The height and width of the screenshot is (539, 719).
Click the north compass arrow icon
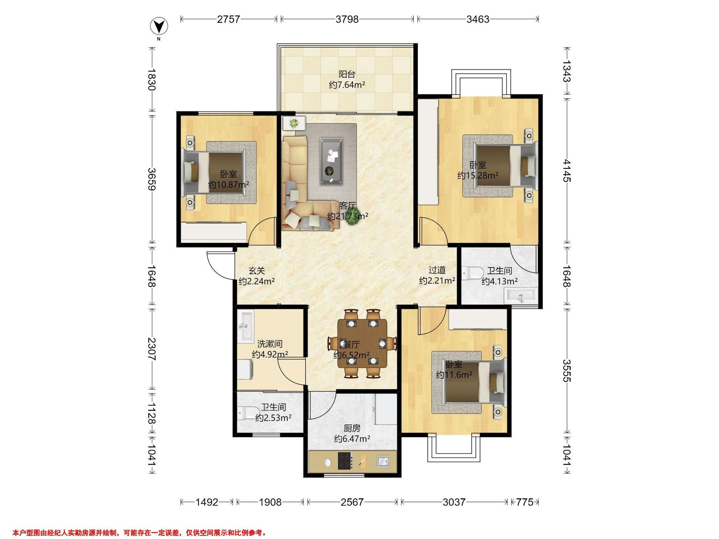point(159,26)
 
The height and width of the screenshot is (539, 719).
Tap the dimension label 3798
point(347,19)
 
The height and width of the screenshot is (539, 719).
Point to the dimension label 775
point(525,502)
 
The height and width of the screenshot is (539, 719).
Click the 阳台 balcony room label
point(347,74)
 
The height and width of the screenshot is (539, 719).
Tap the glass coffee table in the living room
point(331,161)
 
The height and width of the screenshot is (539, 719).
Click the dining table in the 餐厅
point(362,343)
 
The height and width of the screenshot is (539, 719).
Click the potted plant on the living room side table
point(294,123)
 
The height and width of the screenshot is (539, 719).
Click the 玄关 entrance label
point(257,271)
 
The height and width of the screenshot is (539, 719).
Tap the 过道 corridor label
point(437,270)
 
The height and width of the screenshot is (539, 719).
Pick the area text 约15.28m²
point(478,176)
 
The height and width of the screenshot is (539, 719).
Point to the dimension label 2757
point(229,19)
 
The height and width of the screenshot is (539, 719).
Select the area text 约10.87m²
point(229,185)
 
